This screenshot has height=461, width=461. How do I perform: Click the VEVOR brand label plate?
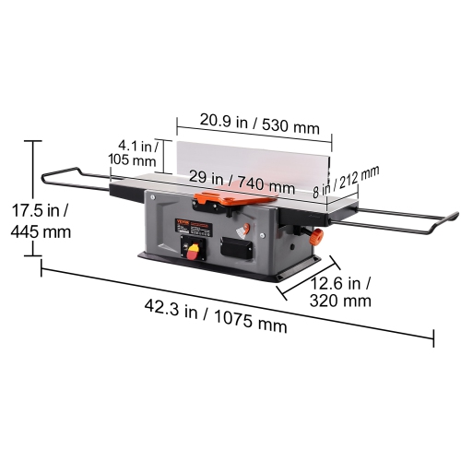click(x=184, y=222)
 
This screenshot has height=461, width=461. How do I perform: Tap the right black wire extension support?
click(x=406, y=220)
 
